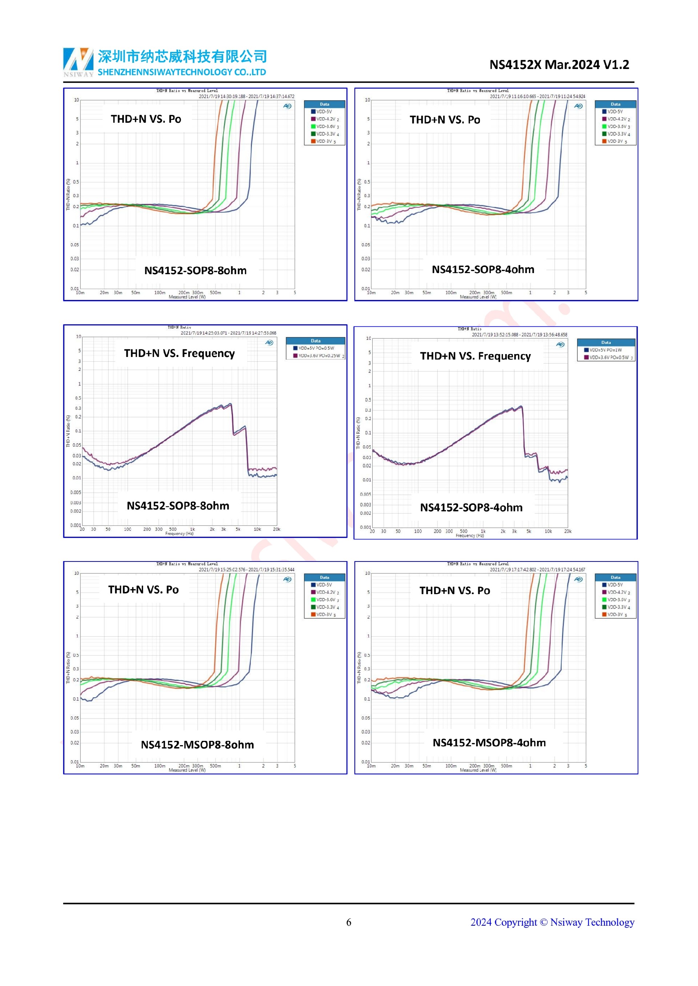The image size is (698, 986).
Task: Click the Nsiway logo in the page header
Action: [x=78, y=61]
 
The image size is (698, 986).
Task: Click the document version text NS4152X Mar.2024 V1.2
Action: [x=559, y=65]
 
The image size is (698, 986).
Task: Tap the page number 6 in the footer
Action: [x=349, y=922]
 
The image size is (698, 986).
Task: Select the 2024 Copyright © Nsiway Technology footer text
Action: [x=552, y=922]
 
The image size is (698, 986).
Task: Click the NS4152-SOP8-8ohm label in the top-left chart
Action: [x=195, y=271]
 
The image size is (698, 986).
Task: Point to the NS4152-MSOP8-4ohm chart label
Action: [x=489, y=743]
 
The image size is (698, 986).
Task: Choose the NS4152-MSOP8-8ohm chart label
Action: [x=197, y=744]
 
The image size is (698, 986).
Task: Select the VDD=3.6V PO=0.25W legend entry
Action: [x=318, y=356]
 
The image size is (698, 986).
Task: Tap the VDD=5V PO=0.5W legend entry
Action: [x=316, y=348]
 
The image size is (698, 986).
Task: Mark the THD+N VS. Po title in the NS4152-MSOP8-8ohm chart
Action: [x=143, y=590]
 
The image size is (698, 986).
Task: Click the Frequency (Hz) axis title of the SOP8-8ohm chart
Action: [x=179, y=534]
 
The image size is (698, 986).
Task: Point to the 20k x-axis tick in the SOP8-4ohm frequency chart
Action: [x=567, y=531]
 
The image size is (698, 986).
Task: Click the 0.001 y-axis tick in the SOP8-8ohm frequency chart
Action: [x=75, y=525]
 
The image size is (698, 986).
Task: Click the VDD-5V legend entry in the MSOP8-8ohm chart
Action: [x=324, y=585]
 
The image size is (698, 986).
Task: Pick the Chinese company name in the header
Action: [x=182, y=56]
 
